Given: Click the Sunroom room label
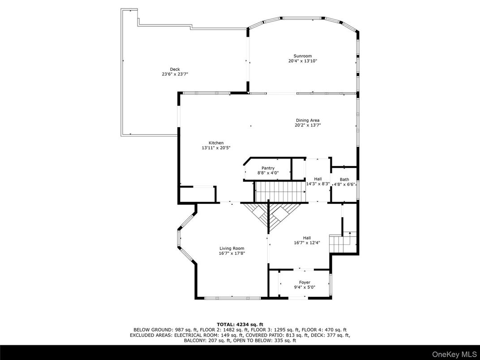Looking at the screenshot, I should [x=300, y=56].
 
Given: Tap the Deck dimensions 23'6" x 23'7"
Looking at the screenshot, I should [x=175, y=74].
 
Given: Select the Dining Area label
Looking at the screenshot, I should [x=308, y=120].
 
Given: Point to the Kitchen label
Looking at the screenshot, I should [x=216, y=143].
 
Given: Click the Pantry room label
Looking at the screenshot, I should [x=268, y=168].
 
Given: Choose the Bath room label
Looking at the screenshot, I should [x=344, y=179].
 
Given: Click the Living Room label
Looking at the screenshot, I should [x=231, y=249].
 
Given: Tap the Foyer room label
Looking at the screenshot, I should [x=304, y=283].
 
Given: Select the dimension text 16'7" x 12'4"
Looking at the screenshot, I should [x=307, y=243].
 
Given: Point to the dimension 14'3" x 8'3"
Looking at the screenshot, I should [x=318, y=184].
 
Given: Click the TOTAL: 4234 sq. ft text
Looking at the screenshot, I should [x=240, y=324].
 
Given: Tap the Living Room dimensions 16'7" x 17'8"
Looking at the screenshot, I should [x=231, y=253].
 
